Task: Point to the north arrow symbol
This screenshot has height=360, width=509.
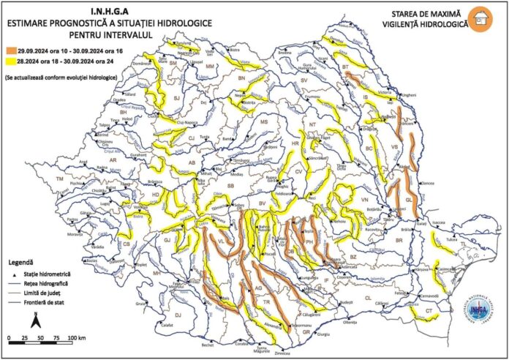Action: [x=35, y=319]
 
